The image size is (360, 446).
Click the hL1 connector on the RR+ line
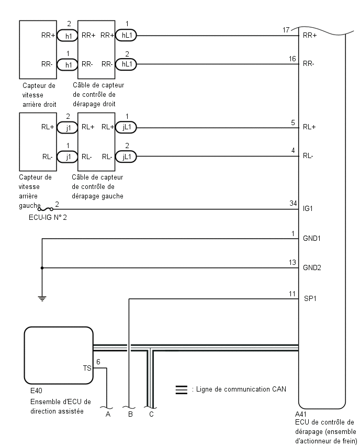126,35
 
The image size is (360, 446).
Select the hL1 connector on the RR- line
126,64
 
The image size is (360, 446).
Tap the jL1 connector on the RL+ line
126,127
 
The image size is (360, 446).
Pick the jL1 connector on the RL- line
126,157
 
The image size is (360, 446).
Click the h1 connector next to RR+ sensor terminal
67,36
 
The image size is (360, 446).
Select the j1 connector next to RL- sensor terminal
67,157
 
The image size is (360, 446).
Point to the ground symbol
42,298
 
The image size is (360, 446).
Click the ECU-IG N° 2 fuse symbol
46,209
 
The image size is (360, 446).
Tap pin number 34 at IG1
293,203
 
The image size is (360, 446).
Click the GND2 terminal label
312,267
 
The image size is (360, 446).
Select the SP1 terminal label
310,298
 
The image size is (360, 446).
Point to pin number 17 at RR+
286,30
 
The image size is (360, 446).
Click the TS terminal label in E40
87,369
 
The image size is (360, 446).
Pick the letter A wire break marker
108,415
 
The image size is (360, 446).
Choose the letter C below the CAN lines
151,415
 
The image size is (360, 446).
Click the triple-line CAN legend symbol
182,389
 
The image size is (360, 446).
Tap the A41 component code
300,414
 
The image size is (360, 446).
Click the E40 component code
36,391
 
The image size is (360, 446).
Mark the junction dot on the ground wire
42,268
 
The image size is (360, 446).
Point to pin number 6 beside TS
98,362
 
